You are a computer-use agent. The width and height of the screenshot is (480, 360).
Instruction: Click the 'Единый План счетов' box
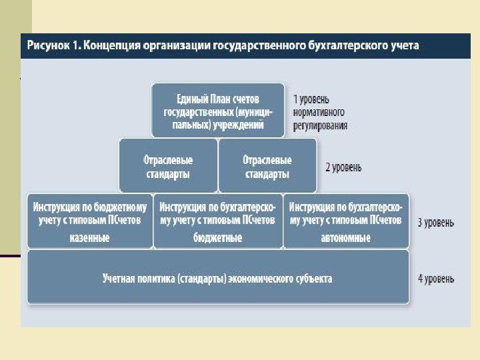(x=218, y=110)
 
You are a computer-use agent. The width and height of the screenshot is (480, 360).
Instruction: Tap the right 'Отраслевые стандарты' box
(x=267, y=166)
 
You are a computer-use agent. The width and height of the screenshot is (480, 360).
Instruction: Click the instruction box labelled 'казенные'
(x=90, y=221)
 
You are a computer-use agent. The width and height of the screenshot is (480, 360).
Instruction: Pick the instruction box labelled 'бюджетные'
(x=217, y=221)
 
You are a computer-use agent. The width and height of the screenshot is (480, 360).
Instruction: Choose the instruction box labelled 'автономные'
(x=345, y=221)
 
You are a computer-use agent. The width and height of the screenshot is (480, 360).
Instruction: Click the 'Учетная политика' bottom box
(x=217, y=277)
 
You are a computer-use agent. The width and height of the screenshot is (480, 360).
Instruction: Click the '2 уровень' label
(x=343, y=167)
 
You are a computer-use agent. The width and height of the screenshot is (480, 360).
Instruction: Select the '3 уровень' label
(x=436, y=222)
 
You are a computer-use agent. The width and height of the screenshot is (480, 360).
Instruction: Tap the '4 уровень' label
(x=436, y=277)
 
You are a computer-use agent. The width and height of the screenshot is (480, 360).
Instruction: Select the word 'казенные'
(x=89, y=237)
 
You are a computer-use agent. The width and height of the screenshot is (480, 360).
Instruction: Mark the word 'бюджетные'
(x=217, y=237)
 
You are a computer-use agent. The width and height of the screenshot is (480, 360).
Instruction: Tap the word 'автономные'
(x=345, y=237)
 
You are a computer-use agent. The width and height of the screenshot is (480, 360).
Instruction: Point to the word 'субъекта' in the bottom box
(x=310, y=278)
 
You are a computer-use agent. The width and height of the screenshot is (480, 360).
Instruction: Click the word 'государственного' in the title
(x=263, y=46)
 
